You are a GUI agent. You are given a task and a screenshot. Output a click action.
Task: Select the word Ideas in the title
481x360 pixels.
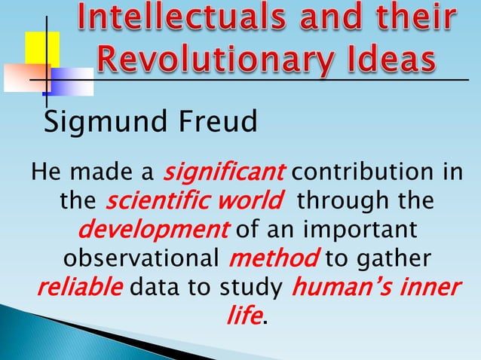(394, 56)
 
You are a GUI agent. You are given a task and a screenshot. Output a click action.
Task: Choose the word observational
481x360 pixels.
(138, 258)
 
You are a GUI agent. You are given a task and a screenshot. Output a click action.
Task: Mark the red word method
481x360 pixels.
(272, 258)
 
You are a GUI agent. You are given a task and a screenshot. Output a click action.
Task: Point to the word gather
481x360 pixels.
(392, 258)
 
